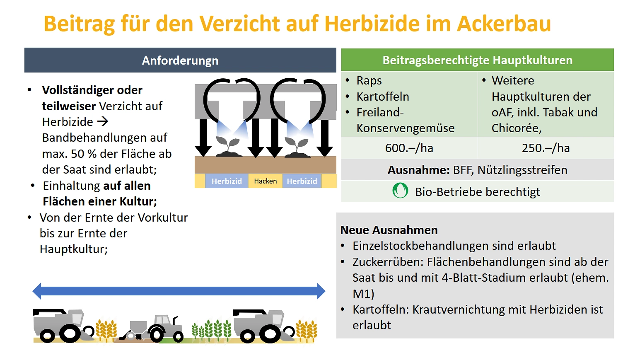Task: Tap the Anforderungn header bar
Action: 180,60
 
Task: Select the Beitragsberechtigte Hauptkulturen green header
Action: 477,60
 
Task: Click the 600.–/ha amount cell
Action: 409,148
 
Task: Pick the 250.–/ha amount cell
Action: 546,148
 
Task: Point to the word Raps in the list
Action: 369,81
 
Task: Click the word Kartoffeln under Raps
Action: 383,97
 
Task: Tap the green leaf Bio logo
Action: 400,191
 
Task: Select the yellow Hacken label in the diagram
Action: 266,181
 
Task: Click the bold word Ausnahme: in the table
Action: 419,170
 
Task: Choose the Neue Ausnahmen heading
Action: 389,230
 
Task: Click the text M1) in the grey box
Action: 363,294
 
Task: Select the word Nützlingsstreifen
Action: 522,170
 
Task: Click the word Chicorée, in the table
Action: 517,128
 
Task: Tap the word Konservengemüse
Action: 406,128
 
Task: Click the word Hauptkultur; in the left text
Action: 74,249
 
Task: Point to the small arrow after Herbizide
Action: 103,122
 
